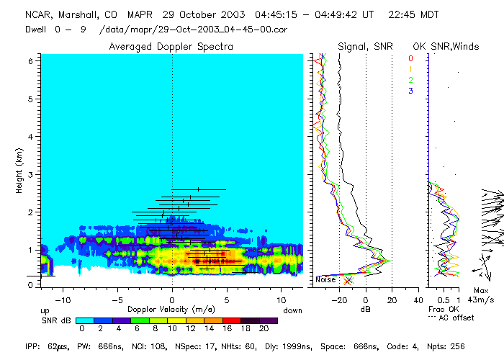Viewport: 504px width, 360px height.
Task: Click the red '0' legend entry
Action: coord(410,58)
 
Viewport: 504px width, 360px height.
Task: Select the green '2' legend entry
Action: coord(410,80)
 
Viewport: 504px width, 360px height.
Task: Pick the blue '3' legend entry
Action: coord(410,91)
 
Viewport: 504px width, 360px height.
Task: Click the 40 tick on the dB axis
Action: coord(418,300)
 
